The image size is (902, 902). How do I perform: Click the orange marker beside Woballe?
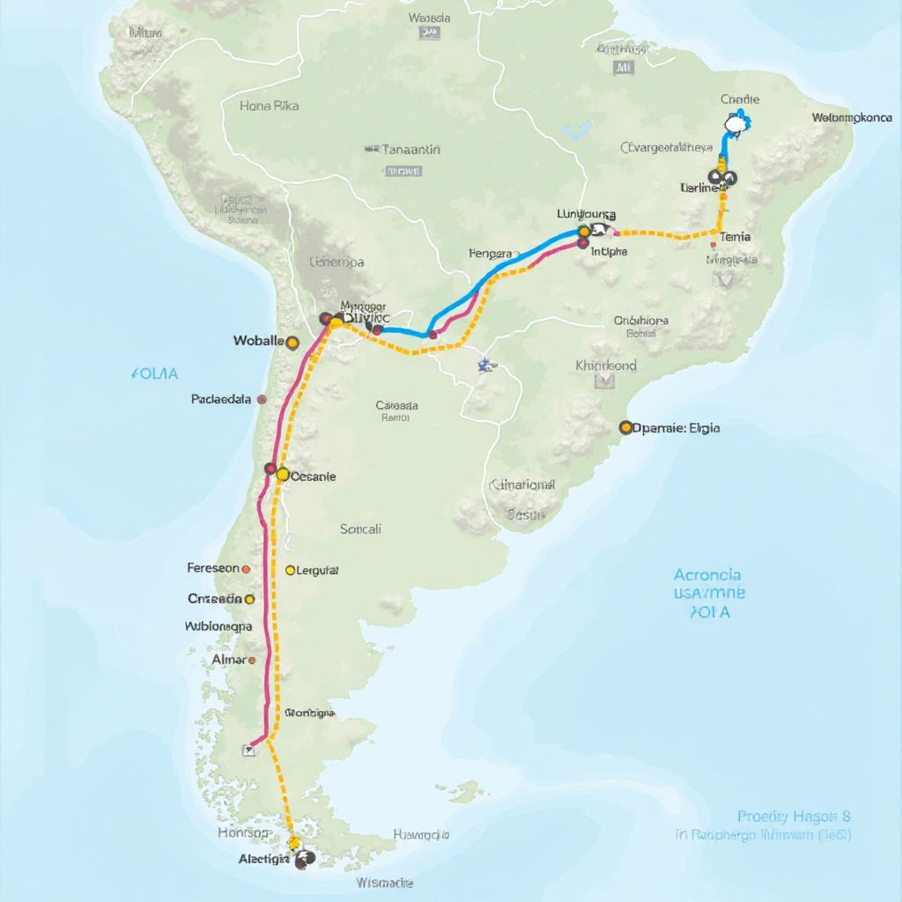(293, 343)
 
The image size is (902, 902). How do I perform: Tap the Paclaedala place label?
(221, 399)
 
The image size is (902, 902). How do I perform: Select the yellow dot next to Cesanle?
(283, 475)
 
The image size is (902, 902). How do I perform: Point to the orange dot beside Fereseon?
(246, 569)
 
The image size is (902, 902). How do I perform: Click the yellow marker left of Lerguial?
(290, 571)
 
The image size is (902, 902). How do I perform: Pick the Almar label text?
(229, 659)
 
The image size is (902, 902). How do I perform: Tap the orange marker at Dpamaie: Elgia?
(626, 428)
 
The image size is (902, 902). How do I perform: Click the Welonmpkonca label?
(851, 117)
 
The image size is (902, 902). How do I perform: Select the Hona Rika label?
(269, 106)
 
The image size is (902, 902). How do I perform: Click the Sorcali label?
(360, 529)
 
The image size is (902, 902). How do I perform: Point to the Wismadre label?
(385, 882)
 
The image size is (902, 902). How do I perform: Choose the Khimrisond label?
(605, 365)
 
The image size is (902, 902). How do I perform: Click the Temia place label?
(735, 237)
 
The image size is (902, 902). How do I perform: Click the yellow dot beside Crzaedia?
(250, 599)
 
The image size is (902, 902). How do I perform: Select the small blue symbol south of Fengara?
(484, 365)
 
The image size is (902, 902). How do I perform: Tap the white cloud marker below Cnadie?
(733, 124)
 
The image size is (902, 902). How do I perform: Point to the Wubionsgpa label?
(218, 627)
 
